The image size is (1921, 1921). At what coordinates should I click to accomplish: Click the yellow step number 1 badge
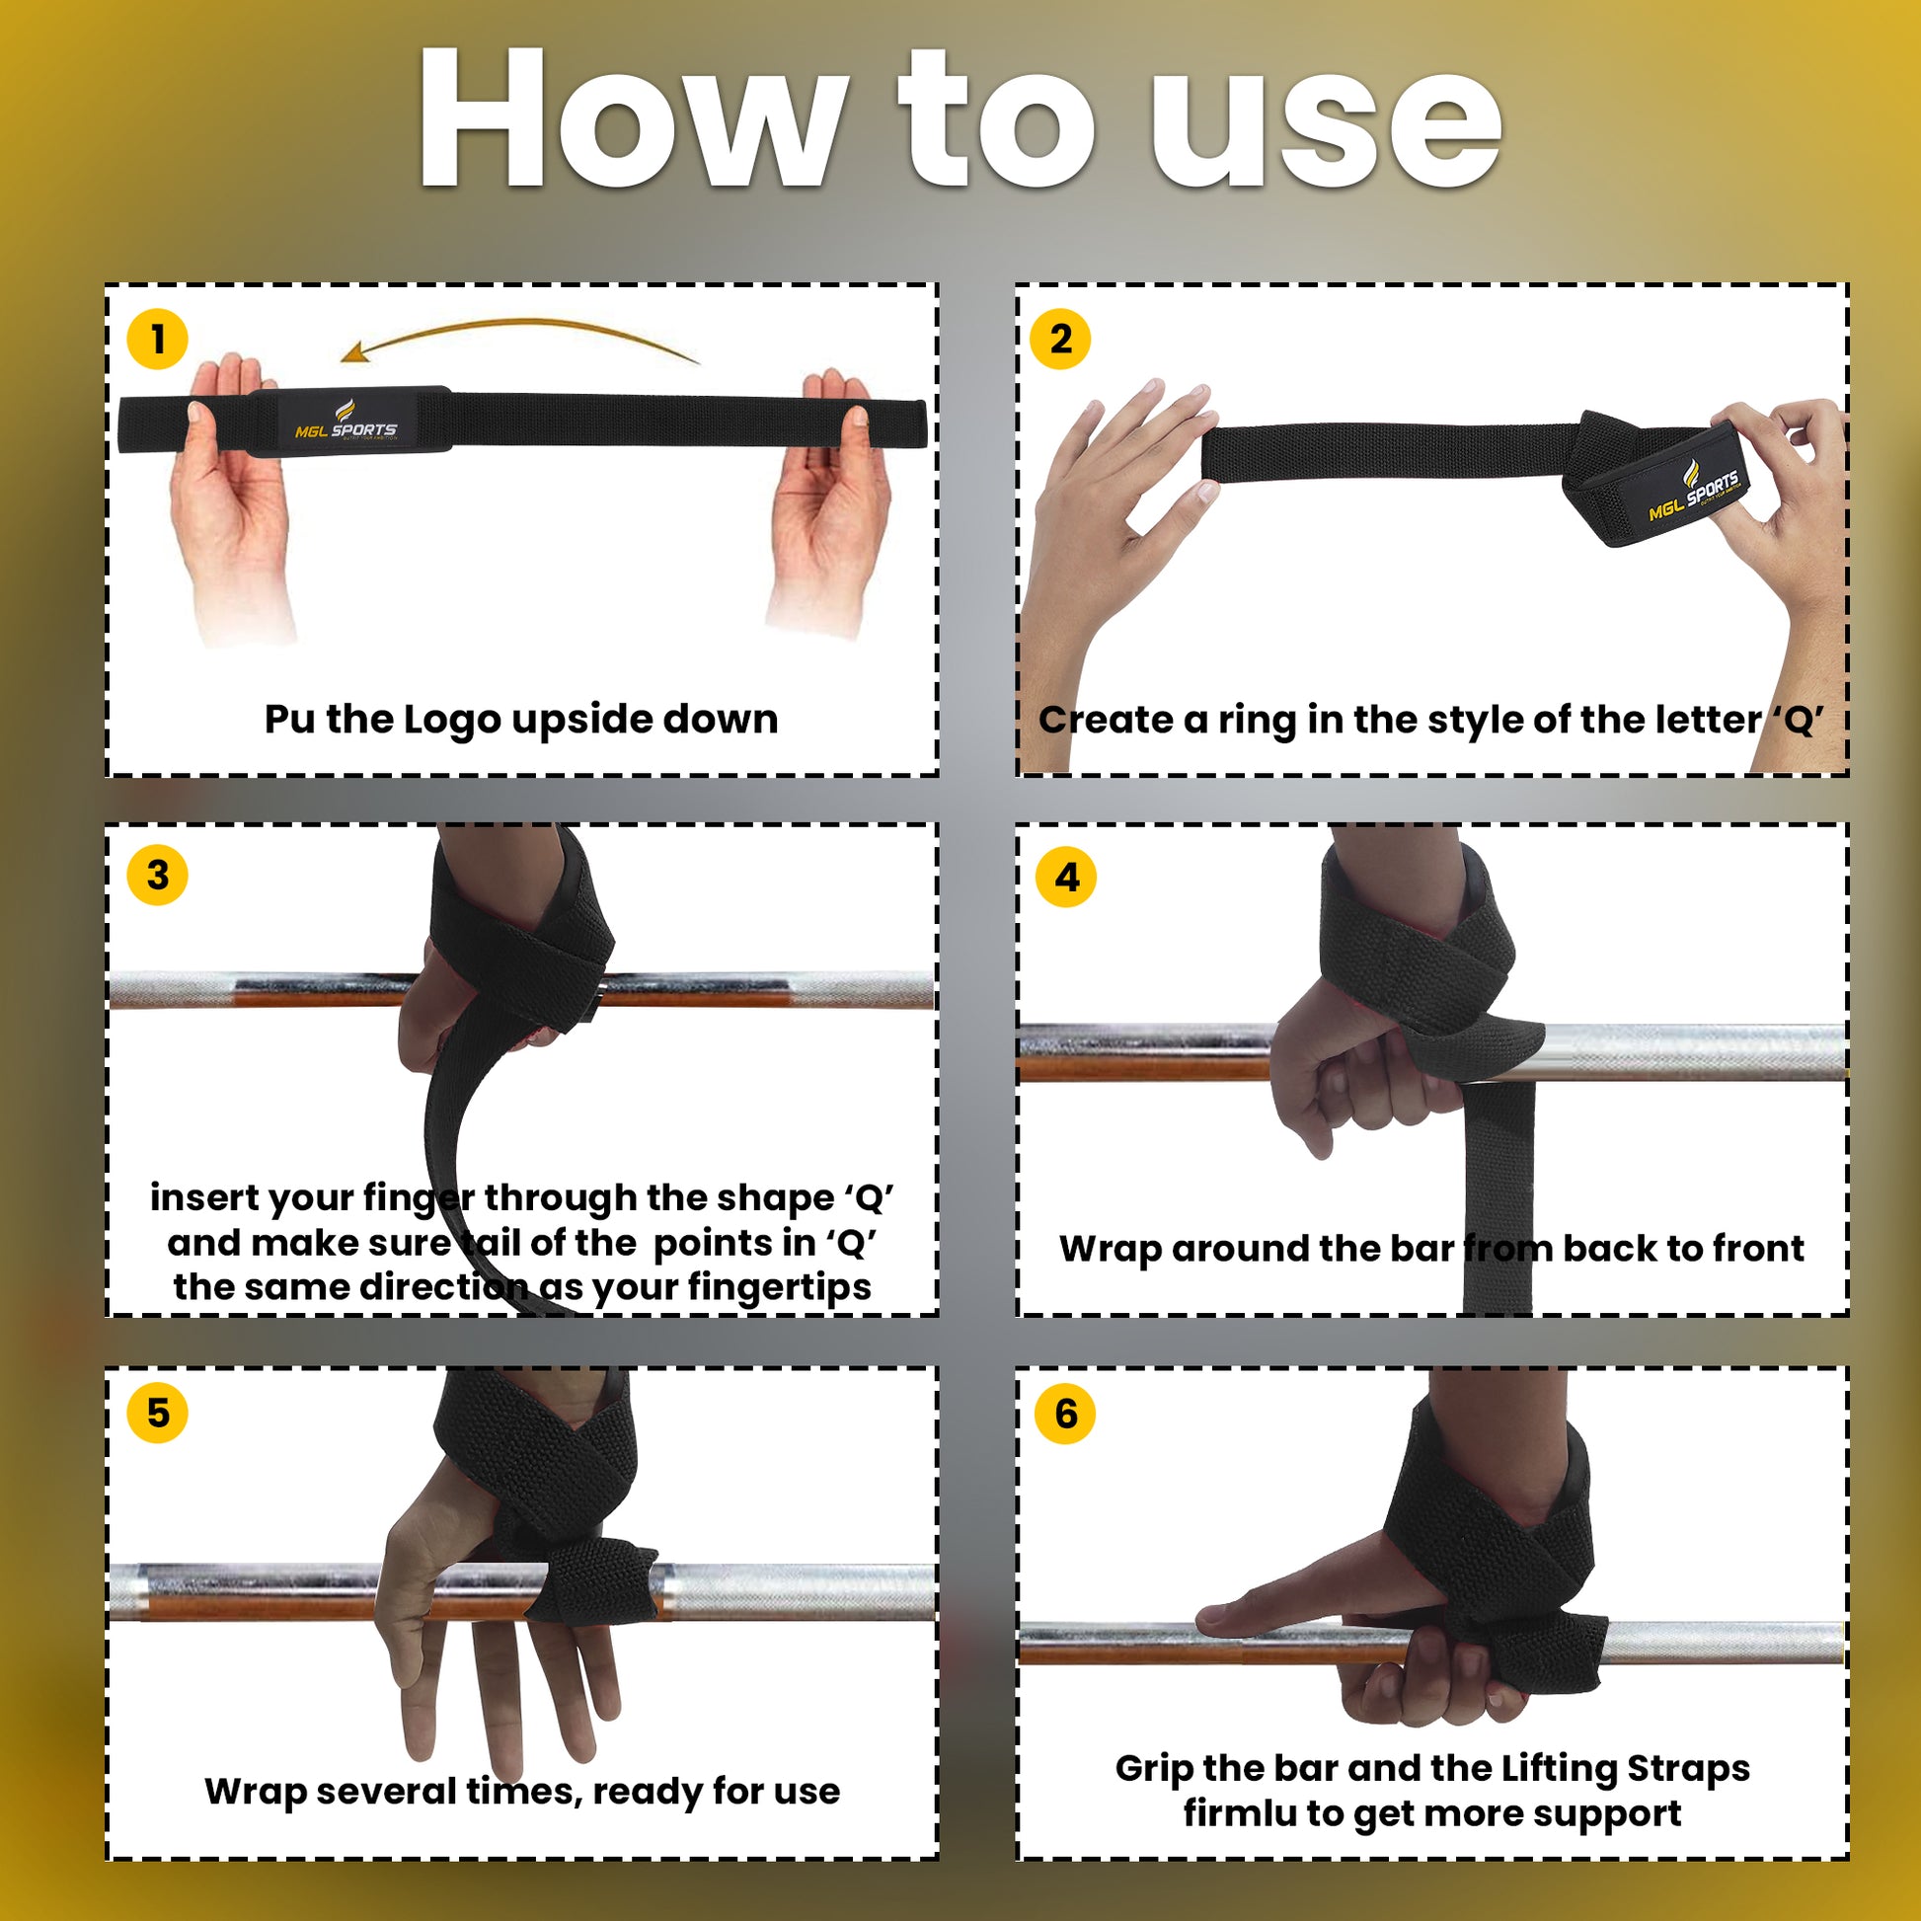click(157, 339)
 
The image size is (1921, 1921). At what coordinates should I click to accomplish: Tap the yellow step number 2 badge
click(1061, 339)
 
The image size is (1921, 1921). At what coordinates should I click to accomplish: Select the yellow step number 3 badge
click(157, 875)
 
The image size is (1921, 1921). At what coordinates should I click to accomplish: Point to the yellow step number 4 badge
click(1066, 877)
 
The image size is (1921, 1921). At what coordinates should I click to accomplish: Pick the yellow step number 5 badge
click(157, 1413)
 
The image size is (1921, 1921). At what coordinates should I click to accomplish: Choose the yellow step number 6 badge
click(1065, 1413)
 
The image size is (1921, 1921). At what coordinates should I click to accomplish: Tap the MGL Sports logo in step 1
click(346, 422)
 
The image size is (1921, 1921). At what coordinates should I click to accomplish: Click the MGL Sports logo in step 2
click(1693, 494)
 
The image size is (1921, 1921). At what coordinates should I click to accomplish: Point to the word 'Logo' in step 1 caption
click(450, 721)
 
